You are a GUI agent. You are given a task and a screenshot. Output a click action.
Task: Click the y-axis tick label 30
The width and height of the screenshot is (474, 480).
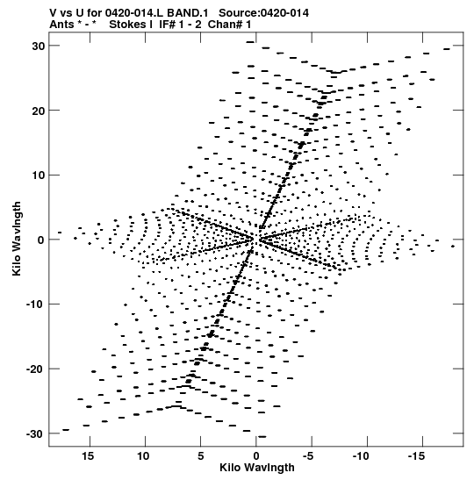(39, 46)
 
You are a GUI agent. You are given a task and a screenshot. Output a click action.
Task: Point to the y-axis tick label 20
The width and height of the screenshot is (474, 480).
(39, 111)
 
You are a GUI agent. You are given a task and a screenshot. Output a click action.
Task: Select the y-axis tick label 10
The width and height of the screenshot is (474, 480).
(39, 176)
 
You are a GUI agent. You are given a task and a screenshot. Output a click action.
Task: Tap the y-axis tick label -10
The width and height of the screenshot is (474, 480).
(35, 304)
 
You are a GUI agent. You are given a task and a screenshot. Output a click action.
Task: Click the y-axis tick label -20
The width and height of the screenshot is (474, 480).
(35, 369)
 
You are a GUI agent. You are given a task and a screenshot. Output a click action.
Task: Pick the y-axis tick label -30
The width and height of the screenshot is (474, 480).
(35, 433)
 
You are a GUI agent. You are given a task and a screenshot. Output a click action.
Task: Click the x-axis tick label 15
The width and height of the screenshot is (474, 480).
(88, 456)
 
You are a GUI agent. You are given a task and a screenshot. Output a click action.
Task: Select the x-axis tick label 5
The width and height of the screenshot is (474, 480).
(200, 456)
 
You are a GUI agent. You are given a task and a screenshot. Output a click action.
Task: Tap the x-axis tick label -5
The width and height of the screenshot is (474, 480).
(308, 456)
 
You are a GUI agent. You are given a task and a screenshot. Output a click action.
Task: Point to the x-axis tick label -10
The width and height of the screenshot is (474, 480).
(361, 456)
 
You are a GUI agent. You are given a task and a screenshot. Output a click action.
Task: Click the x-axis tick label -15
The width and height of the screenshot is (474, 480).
(416, 456)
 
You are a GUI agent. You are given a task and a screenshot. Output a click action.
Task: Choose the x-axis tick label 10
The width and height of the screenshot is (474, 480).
(143, 456)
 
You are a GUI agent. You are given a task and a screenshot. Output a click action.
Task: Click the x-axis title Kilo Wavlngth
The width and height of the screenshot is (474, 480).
(257, 468)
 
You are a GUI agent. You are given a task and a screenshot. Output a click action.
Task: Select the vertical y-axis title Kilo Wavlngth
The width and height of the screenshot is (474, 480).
(17, 239)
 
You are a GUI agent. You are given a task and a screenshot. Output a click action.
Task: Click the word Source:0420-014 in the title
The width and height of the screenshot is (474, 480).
(263, 13)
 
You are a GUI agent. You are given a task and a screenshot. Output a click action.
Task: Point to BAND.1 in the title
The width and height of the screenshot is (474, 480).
(187, 13)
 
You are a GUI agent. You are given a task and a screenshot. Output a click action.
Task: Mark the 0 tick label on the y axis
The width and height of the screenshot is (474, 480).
(41, 240)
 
